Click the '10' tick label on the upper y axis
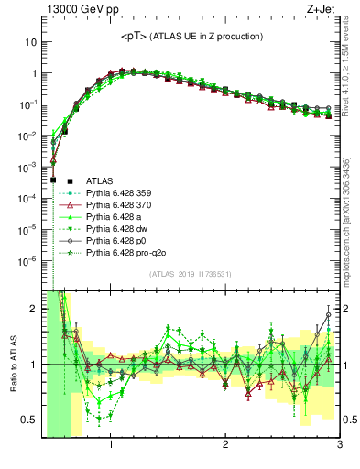pyautogui.click(x=29, y=42)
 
